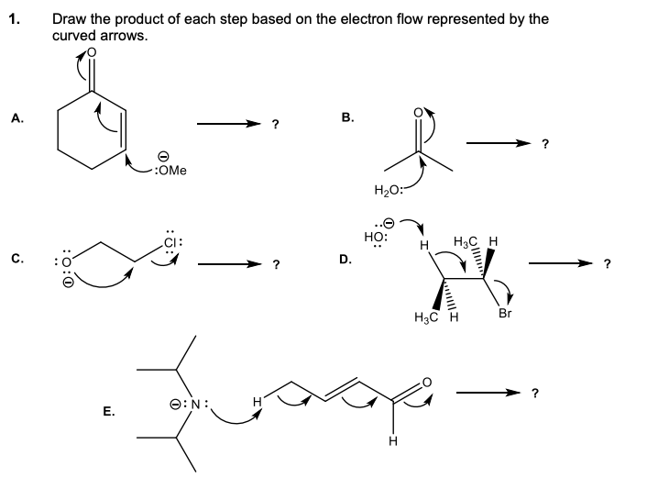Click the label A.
[16, 117]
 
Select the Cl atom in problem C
[177, 242]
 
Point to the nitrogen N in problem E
[203, 401]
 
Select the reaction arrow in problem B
[499, 143]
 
